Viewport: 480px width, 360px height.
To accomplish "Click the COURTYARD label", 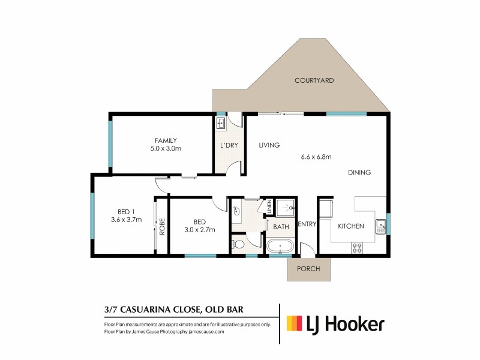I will (x=314, y=80).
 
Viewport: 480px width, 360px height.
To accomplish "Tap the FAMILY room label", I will (x=166, y=140).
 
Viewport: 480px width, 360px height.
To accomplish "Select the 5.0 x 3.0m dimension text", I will (x=166, y=148).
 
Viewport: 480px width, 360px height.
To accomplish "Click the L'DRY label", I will (x=229, y=145).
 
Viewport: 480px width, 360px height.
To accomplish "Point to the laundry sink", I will (x=220, y=124).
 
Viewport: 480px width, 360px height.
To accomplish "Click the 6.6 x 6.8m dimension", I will (x=316, y=157).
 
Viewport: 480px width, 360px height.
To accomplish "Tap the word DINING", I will (x=359, y=173).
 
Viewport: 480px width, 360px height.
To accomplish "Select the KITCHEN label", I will (x=351, y=226).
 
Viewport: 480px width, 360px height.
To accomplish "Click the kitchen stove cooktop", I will (x=356, y=246).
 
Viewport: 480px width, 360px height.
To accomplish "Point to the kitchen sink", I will (x=380, y=226).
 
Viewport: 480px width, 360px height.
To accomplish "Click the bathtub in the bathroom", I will (x=280, y=247).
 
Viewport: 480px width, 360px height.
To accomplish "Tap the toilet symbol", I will (x=238, y=245).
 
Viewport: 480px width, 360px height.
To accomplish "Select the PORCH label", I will (x=308, y=269).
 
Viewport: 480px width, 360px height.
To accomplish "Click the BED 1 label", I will (x=125, y=211).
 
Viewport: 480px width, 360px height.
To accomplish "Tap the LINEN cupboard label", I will (x=270, y=207).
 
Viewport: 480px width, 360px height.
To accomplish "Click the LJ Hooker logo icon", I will (x=293, y=325).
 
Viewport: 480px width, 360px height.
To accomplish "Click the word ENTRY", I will (x=307, y=224).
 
